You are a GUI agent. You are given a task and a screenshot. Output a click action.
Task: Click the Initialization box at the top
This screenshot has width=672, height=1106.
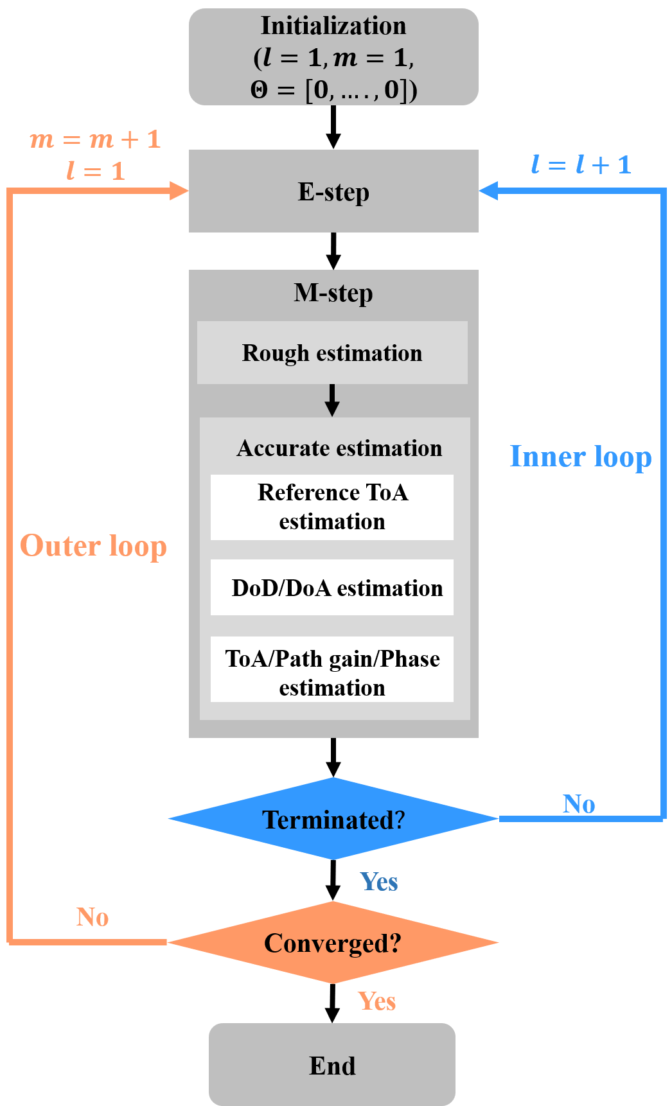pos(333,57)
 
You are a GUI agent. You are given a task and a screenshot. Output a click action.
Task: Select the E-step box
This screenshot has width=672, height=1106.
pos(333,191)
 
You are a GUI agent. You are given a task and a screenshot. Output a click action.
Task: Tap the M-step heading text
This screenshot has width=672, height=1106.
pos(333,293)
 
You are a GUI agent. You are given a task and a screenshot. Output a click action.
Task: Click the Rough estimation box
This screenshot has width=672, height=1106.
pos(332,353)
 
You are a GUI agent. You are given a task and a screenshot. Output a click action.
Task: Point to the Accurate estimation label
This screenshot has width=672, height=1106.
pos(339,448)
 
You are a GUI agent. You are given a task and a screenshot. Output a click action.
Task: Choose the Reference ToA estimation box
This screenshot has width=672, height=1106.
pos(332,507)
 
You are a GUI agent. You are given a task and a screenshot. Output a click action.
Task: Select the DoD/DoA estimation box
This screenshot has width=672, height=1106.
pos(332,588)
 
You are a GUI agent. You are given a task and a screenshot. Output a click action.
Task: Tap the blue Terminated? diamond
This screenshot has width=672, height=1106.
pos(333,819)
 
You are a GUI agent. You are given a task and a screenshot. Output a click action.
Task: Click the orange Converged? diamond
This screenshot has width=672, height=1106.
pos(333,942)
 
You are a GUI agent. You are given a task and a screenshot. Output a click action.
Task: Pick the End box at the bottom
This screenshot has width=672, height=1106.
pos(332,1065)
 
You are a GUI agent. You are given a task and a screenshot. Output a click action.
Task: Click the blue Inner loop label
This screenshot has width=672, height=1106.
pos(581,457)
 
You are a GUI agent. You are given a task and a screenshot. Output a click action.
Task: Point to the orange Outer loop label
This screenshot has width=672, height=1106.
pos(93,546)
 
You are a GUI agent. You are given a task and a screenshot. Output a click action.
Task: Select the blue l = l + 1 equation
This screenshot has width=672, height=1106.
pos(581,164)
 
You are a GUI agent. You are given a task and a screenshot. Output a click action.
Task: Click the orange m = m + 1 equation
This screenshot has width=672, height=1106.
pos(95,139)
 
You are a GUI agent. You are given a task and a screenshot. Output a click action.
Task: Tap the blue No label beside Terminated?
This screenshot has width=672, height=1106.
pos(579,803)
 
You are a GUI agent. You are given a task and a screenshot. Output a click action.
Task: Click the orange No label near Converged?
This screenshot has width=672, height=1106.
pos(93,917)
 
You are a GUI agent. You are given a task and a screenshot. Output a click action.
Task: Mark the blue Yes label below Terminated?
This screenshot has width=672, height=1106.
pos(379,881)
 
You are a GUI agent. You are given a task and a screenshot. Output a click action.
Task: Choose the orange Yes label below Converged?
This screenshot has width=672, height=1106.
pos(377,1001)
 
